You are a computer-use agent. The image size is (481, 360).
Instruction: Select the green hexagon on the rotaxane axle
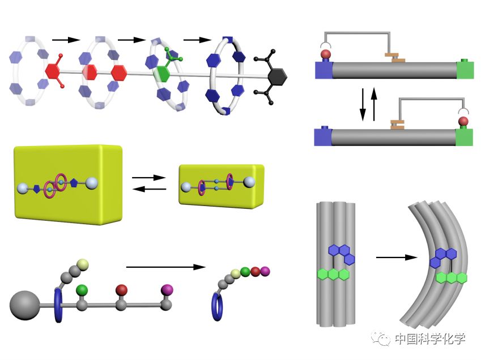pyautogui.click(x=164, y=74)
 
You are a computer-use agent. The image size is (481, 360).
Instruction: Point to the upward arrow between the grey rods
pyautogui.click(x=374, y=104)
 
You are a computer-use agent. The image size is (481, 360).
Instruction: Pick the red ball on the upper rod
pyautogui.click(x=326, y=55)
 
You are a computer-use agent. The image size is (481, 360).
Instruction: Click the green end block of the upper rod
pyautogui.click(x=465, y=70)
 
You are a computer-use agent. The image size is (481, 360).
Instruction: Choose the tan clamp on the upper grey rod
pyautogui.click(x=395, y=57)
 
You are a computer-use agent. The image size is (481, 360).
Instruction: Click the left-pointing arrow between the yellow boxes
pyautogui.click(x=149, y=188)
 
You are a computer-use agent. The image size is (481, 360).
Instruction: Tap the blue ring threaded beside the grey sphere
pyautogui.click(x=58, y=306)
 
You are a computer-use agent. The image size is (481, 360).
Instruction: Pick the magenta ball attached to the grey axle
pyautogui.click(x=167, y=290)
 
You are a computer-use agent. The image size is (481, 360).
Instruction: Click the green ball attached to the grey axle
pyautogui.click(x=82, y=290)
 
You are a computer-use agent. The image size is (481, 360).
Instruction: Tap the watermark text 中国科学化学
pyautogui.click(x=431, y=338)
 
